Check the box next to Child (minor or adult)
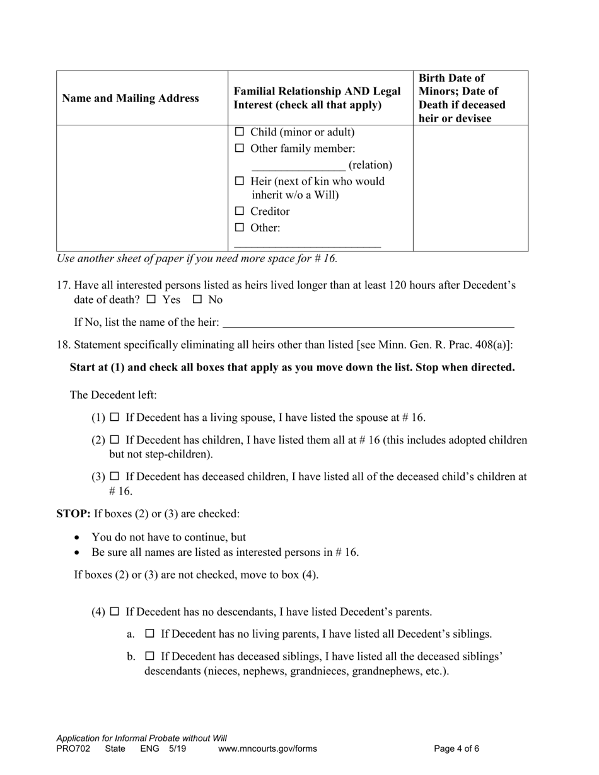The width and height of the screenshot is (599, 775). click(x=239, y=132)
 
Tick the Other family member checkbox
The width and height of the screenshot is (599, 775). click(x=239, y=149)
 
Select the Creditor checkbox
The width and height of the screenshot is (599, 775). click(x=239, y=212)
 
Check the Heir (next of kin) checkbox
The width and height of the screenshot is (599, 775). click(x=239, y=181)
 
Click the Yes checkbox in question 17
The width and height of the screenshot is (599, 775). click(x=151, y=300)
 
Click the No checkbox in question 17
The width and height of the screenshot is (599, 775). click(x=197, y=300)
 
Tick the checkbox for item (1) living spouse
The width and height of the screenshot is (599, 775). click(x=114, y=417)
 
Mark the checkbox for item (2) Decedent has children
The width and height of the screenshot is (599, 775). click(x=114, y=440)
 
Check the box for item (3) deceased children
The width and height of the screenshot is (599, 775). click(x=114, y=476)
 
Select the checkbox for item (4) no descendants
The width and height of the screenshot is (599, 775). click(x=114, y=611)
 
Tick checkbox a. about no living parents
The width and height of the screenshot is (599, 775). click(x=149, y=634)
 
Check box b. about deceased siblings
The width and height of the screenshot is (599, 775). click(x=149, y=657)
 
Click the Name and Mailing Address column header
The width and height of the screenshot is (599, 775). click(x=131, y=98)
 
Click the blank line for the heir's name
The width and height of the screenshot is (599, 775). click(x=369, y=323)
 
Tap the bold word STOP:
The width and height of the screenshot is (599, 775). click(x=74, y=514)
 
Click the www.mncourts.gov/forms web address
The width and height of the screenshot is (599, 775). click(x=267, y=749)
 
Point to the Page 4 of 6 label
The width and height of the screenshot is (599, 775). click(x=457, y=749)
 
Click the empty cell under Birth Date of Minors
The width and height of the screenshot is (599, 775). click(x=470, y=188)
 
